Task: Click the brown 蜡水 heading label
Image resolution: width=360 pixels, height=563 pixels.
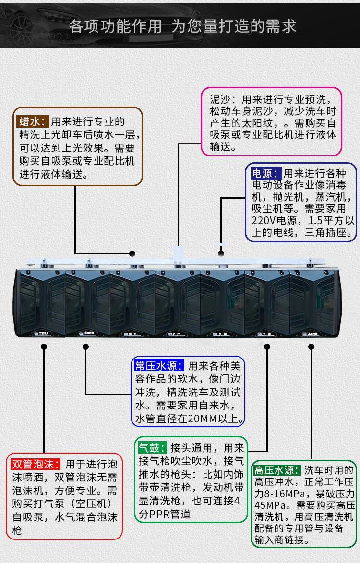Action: coord(33,120)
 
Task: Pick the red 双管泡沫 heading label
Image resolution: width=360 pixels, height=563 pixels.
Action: coord(36,464)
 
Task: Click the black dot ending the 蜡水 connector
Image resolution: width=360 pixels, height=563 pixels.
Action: coord(132,252)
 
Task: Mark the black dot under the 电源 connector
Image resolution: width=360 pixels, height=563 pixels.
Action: coord(221,253)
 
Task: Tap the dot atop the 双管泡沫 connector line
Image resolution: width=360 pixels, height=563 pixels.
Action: coord(44,346)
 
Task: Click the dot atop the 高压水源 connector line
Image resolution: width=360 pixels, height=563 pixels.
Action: coord(311,346)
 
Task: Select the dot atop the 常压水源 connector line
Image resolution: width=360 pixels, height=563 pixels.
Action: coord(86,346)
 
